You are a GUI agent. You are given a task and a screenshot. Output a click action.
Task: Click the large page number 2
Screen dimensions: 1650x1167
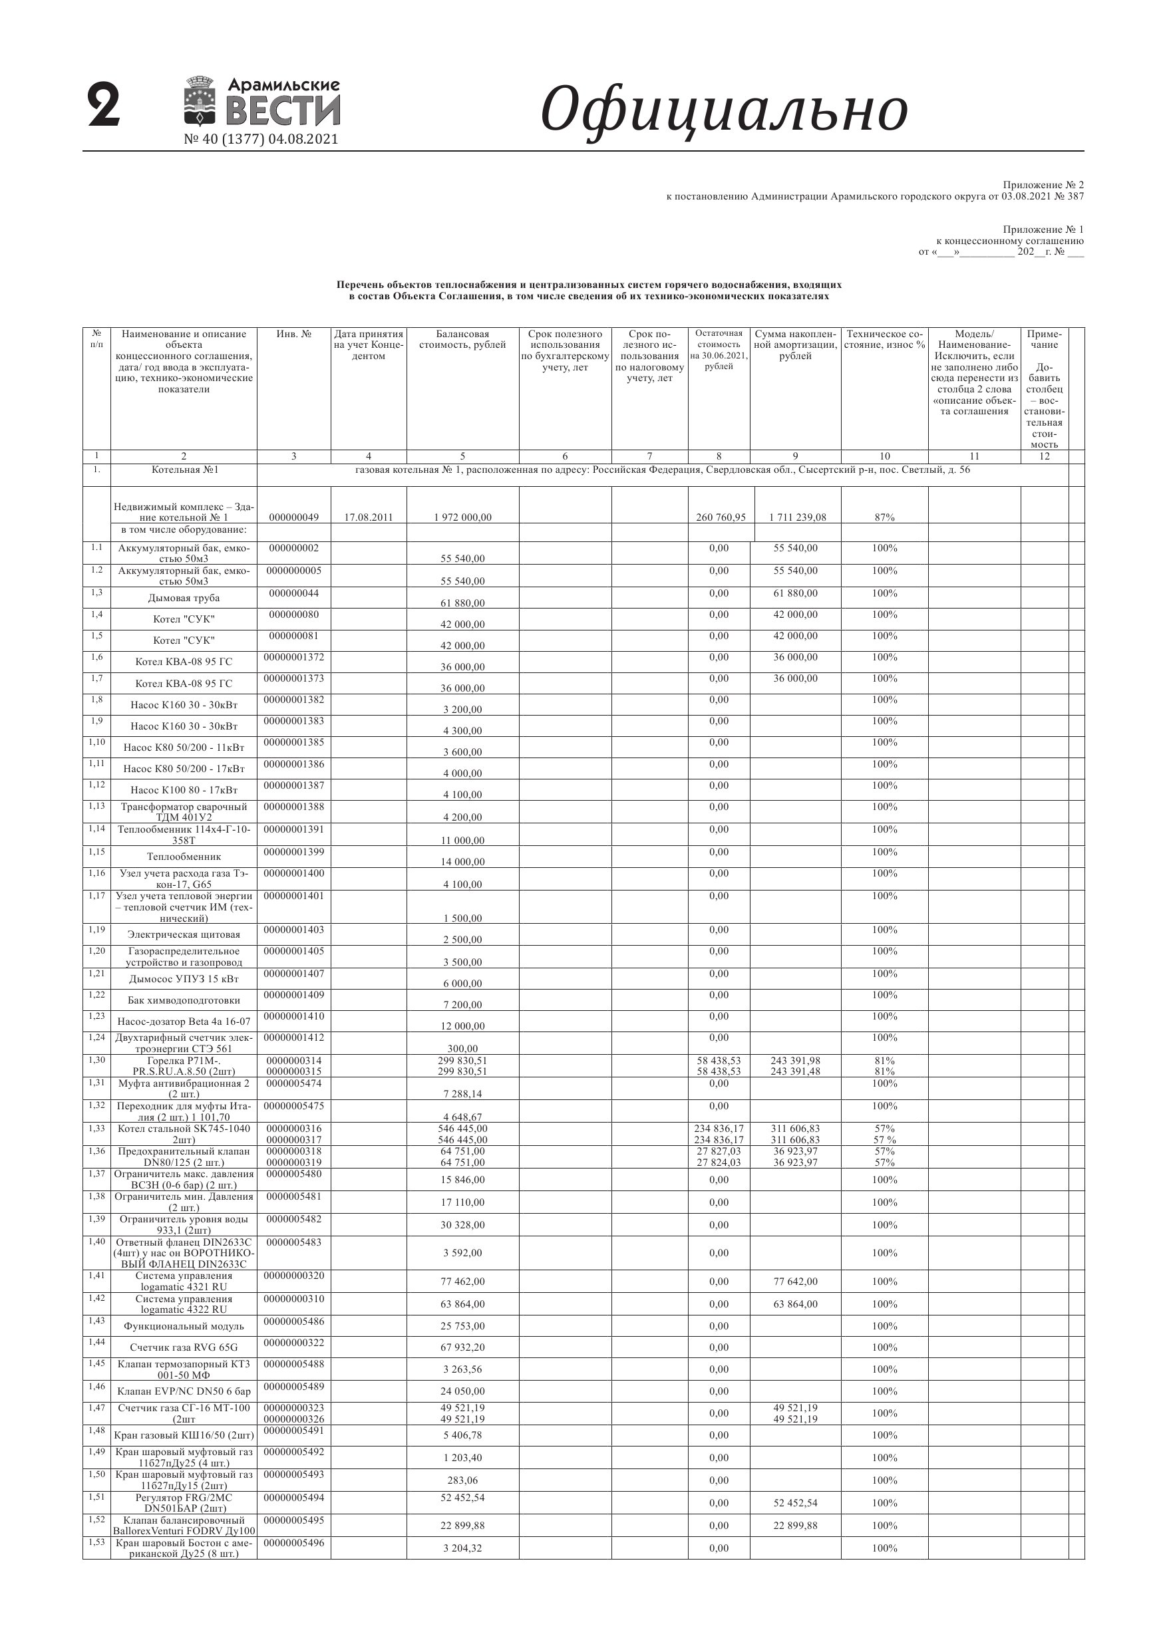pyautogui.click(x=104, y=106)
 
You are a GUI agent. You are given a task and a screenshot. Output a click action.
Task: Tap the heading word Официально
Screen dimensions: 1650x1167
pyautogui.click(x=723, y=109)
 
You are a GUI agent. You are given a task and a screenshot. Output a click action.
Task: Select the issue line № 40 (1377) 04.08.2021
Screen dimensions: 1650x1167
pyautogui.click(x=261, y=140)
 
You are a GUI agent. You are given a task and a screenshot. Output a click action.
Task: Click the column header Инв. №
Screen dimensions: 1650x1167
pyautogui.click(x=293, y=334)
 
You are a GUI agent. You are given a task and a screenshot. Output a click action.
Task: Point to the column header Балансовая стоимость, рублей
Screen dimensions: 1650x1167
pyautogui.click(x=462, y=339)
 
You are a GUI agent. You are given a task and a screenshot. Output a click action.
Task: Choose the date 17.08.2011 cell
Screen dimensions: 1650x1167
pyautogui.click(x=368, y=517)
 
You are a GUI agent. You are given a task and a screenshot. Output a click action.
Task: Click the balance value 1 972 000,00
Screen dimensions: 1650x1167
pyautogui.click(x=462, y=517)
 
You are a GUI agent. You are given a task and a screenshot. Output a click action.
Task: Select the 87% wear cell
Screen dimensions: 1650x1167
pyautogui.click(x=884, y=517)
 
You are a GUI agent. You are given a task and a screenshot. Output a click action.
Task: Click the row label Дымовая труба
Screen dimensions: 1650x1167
pyautogui.click(x=184, y=598)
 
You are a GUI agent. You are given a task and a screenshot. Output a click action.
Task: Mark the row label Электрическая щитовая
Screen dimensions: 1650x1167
pyautogui.click(x=184, y=935)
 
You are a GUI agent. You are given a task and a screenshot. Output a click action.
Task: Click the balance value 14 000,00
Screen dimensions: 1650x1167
pyautogui.click(x=462, y=862)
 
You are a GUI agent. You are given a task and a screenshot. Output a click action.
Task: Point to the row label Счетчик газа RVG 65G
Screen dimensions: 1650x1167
pyautogui.click(x=184, y=1347)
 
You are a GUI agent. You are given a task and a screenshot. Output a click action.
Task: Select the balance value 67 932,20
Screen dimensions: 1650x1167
pyautogui.click(x=462, y=1347)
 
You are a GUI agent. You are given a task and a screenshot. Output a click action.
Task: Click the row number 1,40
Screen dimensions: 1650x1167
pyautogui.click(x=96, y=1242)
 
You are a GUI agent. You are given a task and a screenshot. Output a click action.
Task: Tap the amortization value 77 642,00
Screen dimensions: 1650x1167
pyautogui.click(x=795, y=1282)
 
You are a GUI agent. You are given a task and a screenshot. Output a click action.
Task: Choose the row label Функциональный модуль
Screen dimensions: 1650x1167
pyautogui.click(x=184, y=1327)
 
